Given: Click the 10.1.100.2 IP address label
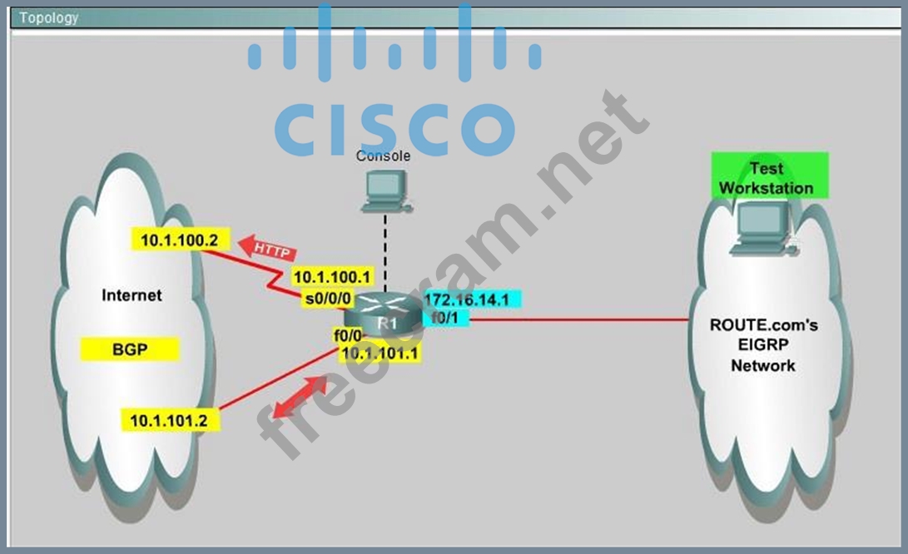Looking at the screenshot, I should (x=179, y=240).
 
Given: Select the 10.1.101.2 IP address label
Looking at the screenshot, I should (x=169, y=420).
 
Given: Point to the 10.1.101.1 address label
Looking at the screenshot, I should (x=380, y=354).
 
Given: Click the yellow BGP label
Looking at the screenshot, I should (x=130, y=350).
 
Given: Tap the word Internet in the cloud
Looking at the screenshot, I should (x=131, y=295).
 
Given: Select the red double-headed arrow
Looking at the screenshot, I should (x=300, y=396).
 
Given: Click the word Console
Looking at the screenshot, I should (x=383, y=156).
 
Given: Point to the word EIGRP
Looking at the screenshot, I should (x=763, y=345).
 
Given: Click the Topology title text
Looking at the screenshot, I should (x=49, y=17).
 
